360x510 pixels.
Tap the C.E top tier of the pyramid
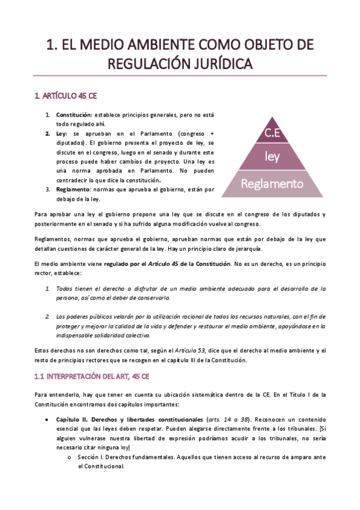272,134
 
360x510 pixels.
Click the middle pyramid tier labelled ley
272,157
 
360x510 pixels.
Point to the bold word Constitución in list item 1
74,114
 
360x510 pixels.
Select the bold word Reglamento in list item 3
73,189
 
